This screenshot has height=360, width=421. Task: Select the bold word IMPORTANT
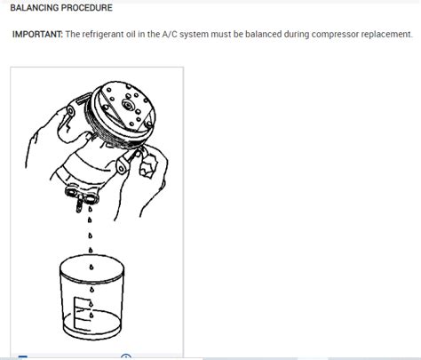[x=36, y=35]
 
